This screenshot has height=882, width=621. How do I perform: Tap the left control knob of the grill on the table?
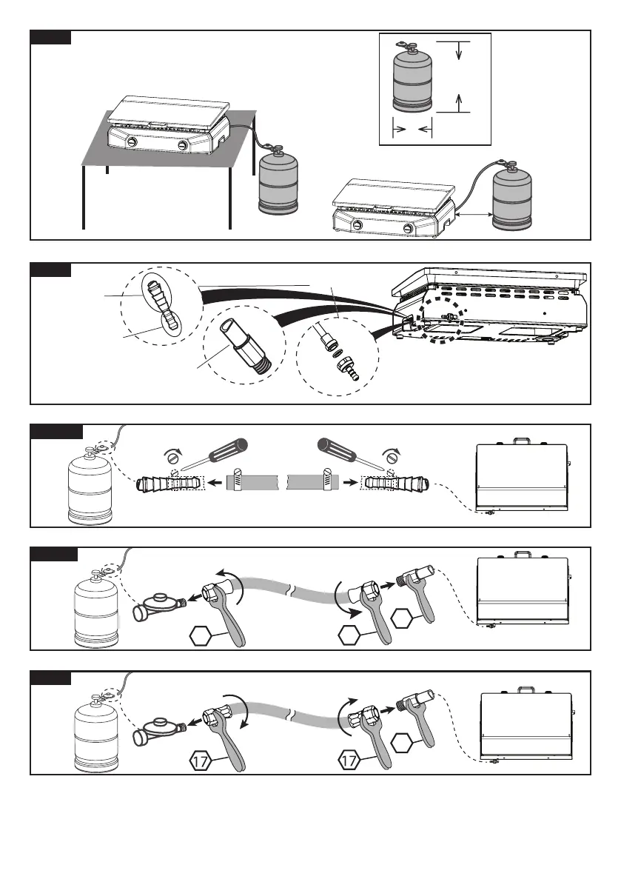(x=130, y=142)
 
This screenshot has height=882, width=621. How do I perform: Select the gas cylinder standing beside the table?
(x=278, y=182)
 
